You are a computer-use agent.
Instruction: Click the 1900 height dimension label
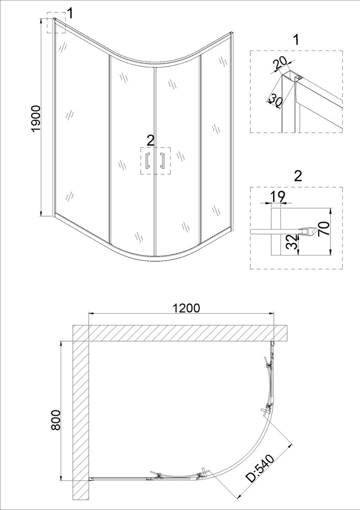tap(36, 118)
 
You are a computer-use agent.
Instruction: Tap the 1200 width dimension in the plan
tap(186, 308)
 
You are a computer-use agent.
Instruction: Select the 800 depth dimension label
tap(56, 420)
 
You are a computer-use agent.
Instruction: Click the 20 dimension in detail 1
tap(280, 63)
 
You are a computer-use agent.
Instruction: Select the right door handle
tap(163, 160)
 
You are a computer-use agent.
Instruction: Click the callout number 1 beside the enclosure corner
tap(70, 14)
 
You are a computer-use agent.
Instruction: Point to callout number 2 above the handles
tap(150, 141)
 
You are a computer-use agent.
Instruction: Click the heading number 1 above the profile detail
tap(296, 40)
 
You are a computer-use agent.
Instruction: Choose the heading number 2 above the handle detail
tap(298, 176)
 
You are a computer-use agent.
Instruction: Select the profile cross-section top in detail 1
tap(292, 76)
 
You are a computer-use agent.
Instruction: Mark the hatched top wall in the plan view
tap(180, 333)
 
